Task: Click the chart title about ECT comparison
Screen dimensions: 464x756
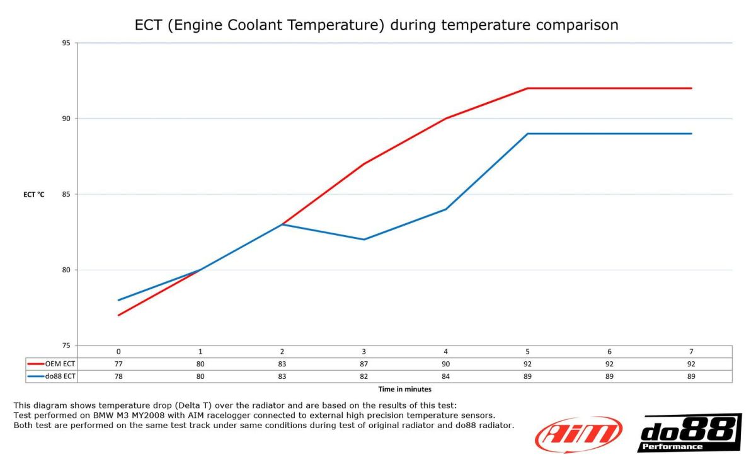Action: pos(377,25)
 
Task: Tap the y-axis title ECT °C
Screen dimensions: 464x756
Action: pos(34,195)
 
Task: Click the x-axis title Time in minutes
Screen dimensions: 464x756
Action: pos(404,390)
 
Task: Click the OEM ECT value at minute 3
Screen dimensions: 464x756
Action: pos(364,364)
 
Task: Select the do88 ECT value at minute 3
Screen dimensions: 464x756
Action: pos(364,376)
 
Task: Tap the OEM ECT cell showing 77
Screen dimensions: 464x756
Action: pos(118,364)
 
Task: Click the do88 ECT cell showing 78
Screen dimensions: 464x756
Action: pos(118,376)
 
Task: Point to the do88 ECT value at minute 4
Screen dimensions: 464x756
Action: pos(445,376)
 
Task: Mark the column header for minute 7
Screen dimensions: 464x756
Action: pos(691,351)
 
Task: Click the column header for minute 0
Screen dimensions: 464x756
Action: pos(118,351)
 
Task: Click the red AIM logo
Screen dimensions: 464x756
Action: pos(578,434)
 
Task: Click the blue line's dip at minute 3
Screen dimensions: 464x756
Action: pos(364,240)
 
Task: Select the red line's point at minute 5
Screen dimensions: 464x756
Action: pos(527,88)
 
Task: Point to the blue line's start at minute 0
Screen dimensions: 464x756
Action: pos(118,300)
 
